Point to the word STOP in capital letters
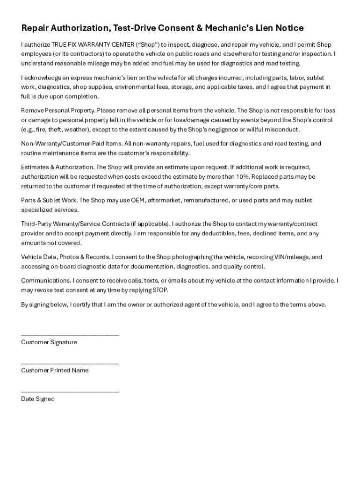160,290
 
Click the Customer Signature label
49,342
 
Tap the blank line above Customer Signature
70,334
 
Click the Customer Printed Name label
55,370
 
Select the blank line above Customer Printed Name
70,363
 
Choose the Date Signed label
38,399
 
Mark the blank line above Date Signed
70,391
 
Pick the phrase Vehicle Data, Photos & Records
65,257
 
